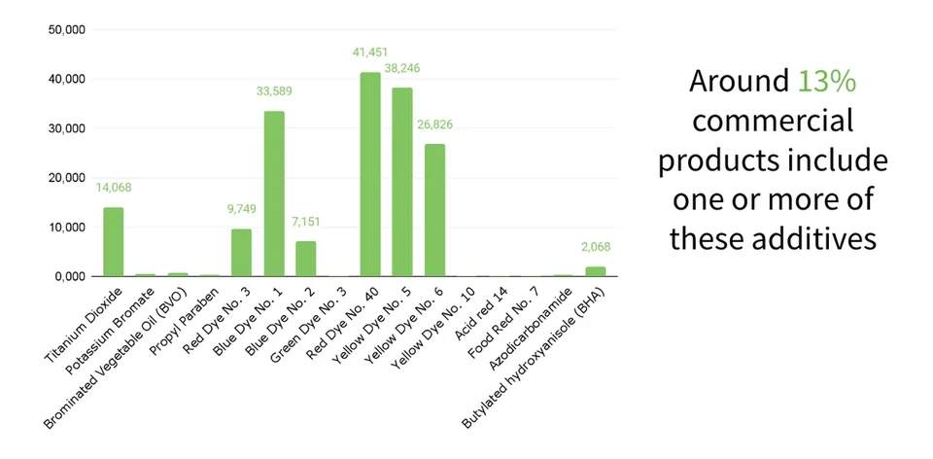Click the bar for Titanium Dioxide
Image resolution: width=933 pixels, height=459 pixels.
tap(113, 242)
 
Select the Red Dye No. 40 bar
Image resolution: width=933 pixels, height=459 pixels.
tap(370, 174)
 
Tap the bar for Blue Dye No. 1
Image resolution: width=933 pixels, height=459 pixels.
tap(274, 194)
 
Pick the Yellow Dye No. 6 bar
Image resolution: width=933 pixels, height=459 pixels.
tap(434, 210)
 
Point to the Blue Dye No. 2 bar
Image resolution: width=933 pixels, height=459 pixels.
tap(306, 259)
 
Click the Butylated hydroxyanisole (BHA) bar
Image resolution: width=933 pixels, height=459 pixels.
tap(595, 271)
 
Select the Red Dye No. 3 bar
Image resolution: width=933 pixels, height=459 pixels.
tap(242, 253)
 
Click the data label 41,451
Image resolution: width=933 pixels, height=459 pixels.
tap(370, 53)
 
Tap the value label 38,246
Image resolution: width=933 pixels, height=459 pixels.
tap(402, 68)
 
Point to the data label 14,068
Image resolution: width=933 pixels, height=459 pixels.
tap(114, 188)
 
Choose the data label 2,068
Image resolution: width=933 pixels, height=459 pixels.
tap(596, 247)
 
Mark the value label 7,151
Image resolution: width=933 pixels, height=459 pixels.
tap(306, 222)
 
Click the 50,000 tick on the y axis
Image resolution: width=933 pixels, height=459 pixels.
tap(67, 29)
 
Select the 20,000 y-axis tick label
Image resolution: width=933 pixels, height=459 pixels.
tap(67, 177)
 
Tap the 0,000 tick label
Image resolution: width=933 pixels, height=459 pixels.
tap(70, 277)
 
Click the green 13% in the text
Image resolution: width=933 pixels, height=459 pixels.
tap(826, 81)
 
